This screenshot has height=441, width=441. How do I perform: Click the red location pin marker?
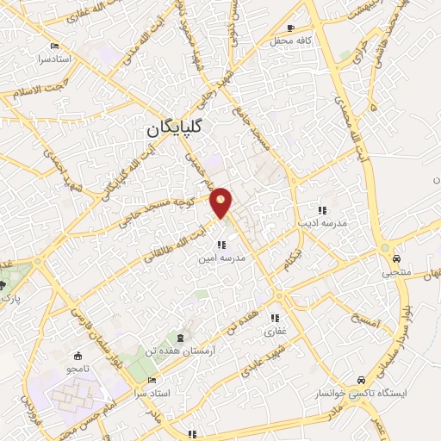click(221, 202)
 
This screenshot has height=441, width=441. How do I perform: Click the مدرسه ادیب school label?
click(322, 223)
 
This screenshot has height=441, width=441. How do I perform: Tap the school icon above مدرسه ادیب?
click(322, 210)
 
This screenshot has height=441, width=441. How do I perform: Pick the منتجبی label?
click(397, 271)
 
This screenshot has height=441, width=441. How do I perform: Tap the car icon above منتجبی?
click(396, 258)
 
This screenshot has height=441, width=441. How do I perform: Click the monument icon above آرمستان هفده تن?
click(179, 337)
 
